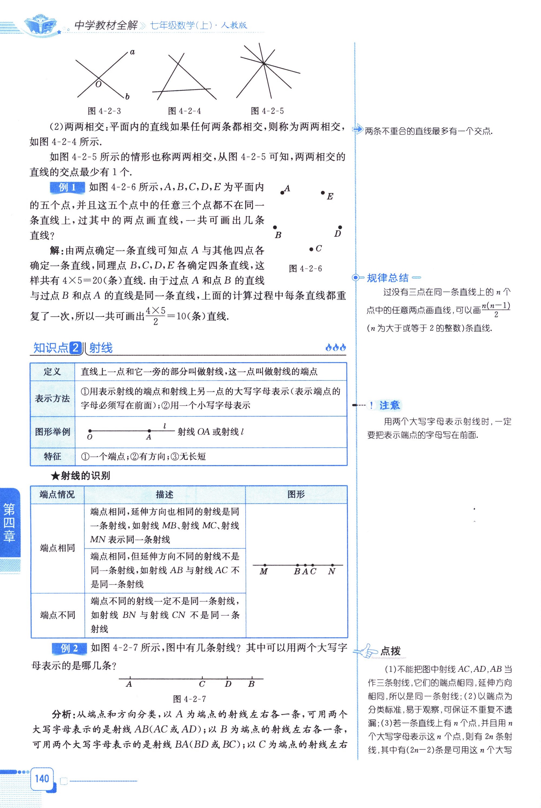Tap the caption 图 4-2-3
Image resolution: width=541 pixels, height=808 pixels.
104,111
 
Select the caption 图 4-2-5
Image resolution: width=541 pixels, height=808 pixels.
268,111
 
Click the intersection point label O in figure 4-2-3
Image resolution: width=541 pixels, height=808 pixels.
98,84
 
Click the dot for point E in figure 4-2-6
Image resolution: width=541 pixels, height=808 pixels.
323,193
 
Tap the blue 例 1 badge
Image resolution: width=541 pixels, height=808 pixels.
67,187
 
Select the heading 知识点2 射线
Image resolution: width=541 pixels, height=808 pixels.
73,348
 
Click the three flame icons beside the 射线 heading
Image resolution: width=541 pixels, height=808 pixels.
335,348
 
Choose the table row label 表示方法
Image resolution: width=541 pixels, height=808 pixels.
52,399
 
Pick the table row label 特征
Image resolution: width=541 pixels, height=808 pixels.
52,456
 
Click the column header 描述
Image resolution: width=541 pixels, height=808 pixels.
165,494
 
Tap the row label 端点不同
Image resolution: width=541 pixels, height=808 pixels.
58,615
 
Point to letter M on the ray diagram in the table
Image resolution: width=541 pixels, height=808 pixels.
263,572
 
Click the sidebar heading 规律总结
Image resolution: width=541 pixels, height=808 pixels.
388,278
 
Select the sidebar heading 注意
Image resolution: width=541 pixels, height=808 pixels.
389,405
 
